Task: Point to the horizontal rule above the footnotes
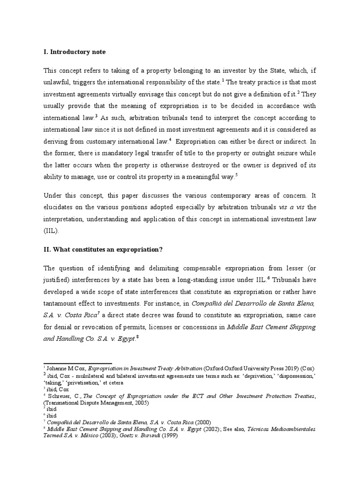78,363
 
